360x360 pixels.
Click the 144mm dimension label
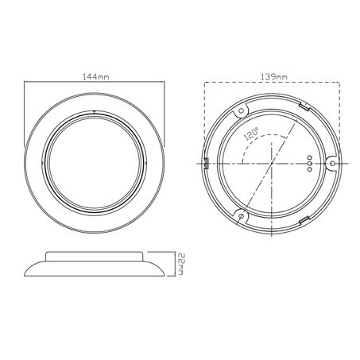95,76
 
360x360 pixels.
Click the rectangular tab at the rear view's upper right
302,104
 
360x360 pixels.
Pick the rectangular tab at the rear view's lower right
304,220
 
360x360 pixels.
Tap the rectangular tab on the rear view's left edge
206,163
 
